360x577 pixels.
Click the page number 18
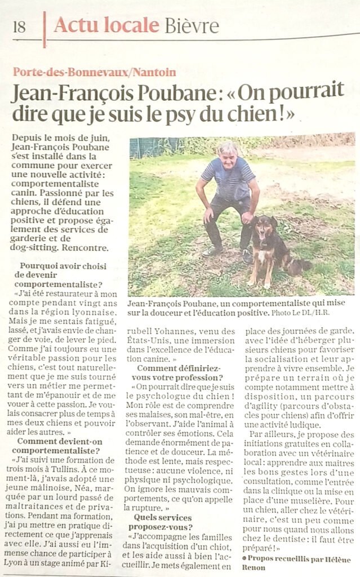pos(19,26)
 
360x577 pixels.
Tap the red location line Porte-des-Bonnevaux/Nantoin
pos(95,72)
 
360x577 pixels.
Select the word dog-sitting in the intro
pos(39,247)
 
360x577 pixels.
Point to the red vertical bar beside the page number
pos(45,29)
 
